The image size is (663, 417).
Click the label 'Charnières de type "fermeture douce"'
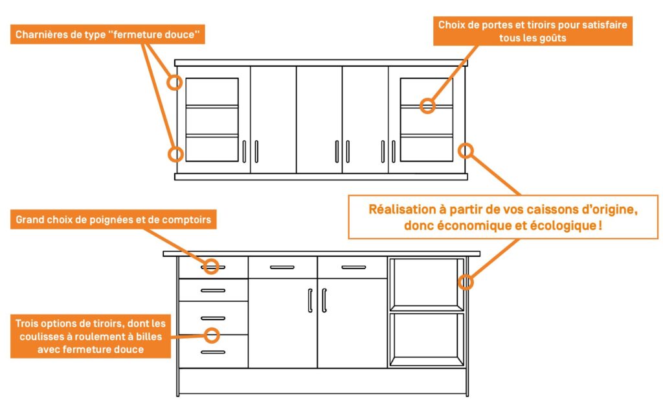107,35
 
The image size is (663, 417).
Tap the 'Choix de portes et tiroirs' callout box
532,31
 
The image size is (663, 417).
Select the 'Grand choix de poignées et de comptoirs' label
113,220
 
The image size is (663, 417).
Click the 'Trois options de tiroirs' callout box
91,336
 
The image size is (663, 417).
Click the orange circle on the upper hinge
175,82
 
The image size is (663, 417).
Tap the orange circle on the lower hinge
175,154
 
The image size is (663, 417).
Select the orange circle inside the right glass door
427,106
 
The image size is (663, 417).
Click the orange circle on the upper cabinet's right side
466,150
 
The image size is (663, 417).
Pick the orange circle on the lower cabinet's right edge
466,282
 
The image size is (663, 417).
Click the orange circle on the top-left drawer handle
212,267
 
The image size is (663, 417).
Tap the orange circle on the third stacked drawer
212,335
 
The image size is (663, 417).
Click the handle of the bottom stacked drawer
213,352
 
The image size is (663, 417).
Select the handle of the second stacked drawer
213,291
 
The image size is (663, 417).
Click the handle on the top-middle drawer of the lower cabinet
282,267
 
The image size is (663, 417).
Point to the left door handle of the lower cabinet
310,300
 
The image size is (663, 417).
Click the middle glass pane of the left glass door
212,121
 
